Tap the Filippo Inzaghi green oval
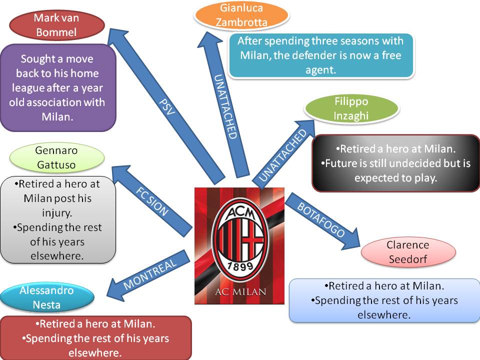pos(351,108)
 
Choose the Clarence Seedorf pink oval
pos(408,252)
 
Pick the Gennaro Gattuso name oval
pos(57,157)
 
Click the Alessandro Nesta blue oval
pos(47,297)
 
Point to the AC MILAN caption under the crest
pos(239,292)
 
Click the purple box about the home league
pos(58,87)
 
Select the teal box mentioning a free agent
pos(321,55)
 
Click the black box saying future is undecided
pos(395,163)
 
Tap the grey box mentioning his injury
pos(58,219)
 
